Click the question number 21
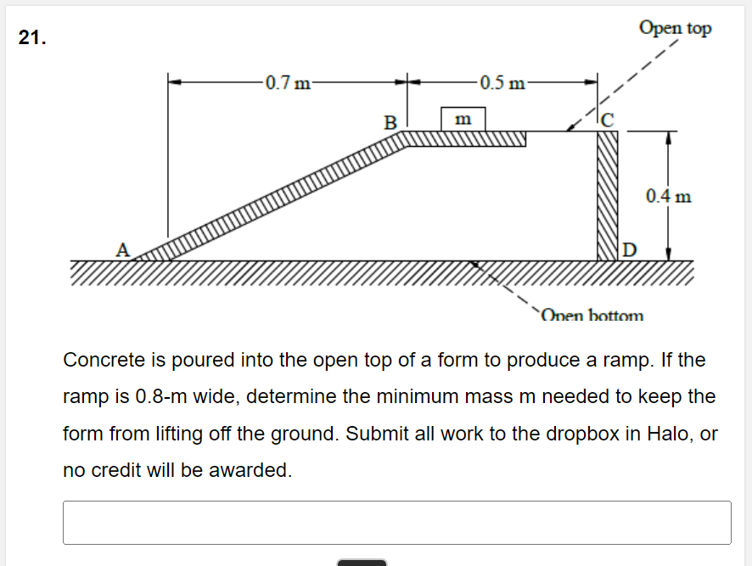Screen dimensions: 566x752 [x=31, y=38]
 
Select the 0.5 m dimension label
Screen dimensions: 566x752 [x=502, y=83]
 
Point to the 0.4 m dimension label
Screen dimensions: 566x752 [x=668, y=197]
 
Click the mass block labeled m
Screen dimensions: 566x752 [x=463, y=119]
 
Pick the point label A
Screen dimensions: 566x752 [x=123, y=249]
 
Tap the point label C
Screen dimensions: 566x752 [x=606, y=120]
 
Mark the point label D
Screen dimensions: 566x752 [x=629, y=249]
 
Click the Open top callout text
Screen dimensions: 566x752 [x=675, y=28]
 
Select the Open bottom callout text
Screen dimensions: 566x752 [x=592, y=316]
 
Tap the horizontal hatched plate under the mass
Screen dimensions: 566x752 [x=467, y=138]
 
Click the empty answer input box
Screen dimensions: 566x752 [x=396, y=522]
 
